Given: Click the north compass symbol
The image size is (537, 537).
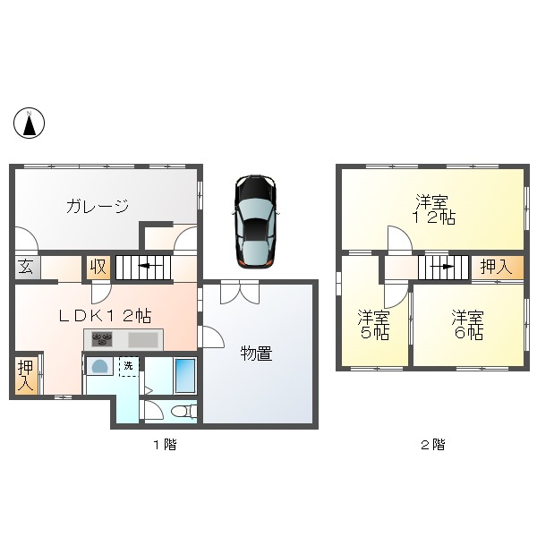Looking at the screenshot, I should (x=30, y=123).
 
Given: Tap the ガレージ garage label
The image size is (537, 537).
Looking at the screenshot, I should (x=97, y=207).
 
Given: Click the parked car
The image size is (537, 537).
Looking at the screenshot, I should (x=255, y=220).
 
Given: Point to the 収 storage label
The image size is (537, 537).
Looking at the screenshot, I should (x=98, y=268).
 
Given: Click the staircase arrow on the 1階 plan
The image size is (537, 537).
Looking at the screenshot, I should (x=144, y=267).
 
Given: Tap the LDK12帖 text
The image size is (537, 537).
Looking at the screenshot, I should (x=104, y=315).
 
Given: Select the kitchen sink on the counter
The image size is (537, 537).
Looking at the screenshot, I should (x=141, y=340).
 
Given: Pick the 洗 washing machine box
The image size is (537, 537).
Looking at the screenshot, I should (x=129, y=366).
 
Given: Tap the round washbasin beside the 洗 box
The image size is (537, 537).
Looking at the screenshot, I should (x=98, y=368).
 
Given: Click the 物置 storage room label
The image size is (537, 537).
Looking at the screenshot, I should (x=255, y=354).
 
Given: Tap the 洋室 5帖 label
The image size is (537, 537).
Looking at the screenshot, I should (x=373, y=325).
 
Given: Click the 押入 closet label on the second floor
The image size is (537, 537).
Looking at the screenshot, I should (x=497, y=267).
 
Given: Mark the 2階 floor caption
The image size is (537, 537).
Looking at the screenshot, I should (x=434, y=444).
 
